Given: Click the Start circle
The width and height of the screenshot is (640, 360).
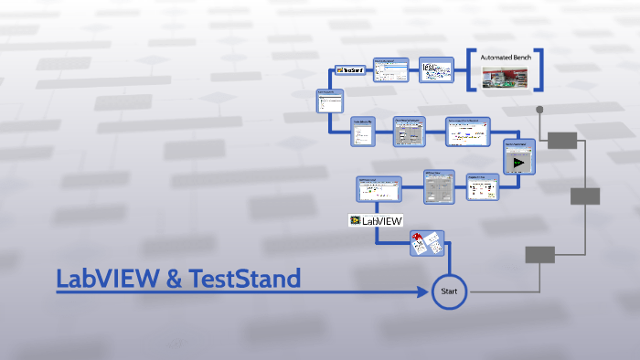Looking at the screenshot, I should (x=449, y=291).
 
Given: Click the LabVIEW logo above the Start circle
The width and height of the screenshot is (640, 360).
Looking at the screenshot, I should (x=375, y=220).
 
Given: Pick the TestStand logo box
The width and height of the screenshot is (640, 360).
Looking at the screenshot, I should (x=351, y=69).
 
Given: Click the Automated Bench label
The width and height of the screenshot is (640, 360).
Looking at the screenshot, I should (x=506, y=58).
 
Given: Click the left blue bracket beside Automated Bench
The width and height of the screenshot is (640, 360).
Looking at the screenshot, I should (x=471, y=69).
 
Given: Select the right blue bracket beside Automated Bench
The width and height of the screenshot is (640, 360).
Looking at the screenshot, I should (x=540, y=69).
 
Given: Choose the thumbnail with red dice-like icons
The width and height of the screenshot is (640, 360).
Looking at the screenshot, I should (x=426, y=242).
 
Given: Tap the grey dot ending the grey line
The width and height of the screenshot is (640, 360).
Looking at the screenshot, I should (x=539, y=110).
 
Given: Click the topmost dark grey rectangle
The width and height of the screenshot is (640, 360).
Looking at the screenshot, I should (x=562, y=140).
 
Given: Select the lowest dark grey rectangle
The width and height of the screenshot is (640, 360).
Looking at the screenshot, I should (x=539, y=255).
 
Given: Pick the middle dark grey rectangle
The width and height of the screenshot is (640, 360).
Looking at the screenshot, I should (x=585, y=196).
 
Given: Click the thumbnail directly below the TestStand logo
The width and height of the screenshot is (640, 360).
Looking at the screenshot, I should (x=329, y=100).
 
